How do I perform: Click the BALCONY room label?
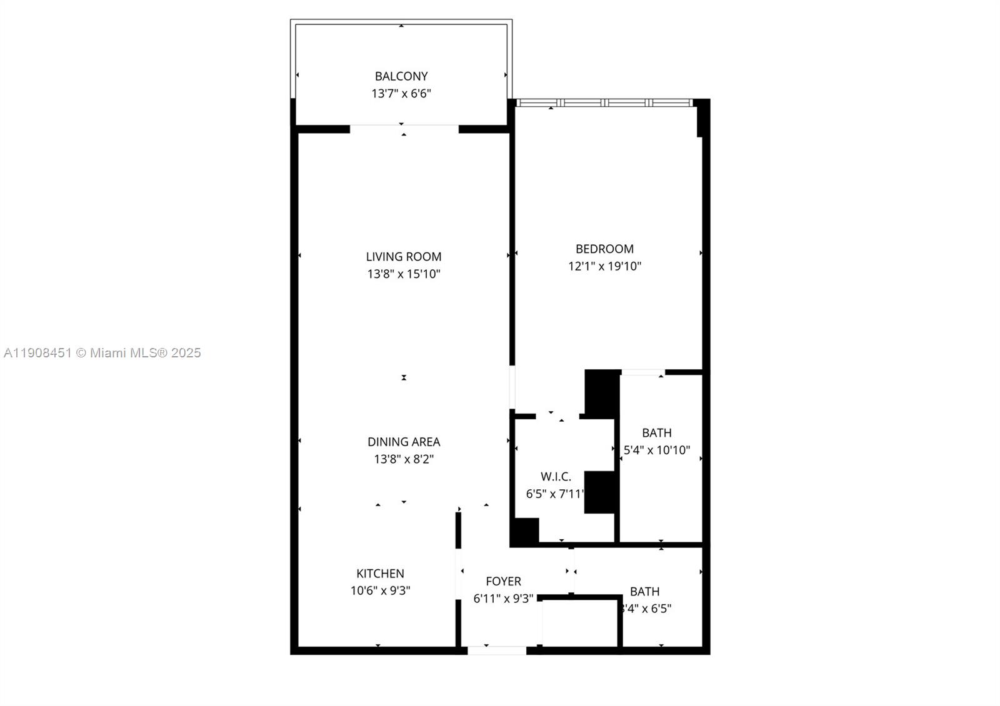tap(401, 76)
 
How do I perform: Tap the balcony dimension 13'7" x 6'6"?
tap(401, 94)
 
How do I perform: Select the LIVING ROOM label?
tap(404, 257)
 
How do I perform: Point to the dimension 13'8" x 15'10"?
tap(404, 274)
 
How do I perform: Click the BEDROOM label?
tap(604, 249)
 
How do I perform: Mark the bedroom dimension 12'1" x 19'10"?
tap(604, 266)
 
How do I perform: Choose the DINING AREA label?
tap(404, 442)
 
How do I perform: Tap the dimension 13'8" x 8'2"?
tap(404, 459)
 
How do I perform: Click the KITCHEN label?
tap(380, 574)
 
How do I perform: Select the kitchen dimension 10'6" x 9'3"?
tap(380, 590)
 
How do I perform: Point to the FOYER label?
tap(503, 582)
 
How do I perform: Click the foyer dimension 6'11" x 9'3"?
tap(503, 599)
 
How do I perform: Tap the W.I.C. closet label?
tap(556, 477)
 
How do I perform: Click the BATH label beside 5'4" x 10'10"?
tap(657, 433)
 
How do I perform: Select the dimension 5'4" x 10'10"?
tap(657, 450)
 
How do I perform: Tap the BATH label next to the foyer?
tap(644, 591)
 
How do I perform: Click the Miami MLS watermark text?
tap(102, 353)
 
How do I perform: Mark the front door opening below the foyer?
tap(497, 650)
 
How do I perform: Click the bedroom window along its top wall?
tap(604, 102)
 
